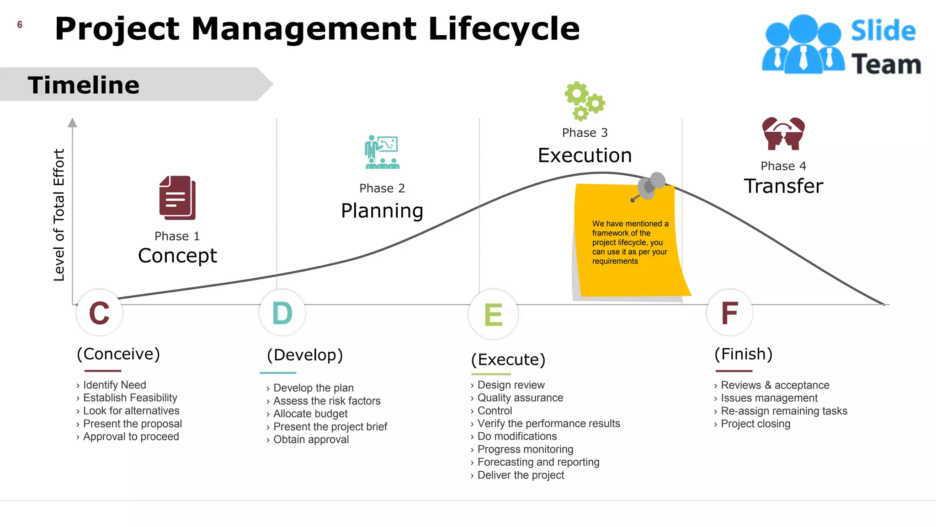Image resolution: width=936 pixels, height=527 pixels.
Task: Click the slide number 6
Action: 20,25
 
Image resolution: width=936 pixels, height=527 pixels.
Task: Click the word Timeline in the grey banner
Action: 84,85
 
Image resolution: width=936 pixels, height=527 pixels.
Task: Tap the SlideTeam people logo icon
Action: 803,44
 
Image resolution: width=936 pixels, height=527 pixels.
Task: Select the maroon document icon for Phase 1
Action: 177,198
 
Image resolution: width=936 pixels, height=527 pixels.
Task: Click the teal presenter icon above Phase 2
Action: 382,152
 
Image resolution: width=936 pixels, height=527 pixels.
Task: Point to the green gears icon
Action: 584,101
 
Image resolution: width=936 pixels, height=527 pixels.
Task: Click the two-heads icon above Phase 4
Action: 783,134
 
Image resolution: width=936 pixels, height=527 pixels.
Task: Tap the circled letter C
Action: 99,313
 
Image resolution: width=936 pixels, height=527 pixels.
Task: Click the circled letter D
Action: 282,313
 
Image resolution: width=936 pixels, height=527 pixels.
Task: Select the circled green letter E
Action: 493,315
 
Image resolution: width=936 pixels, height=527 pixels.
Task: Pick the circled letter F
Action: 729,313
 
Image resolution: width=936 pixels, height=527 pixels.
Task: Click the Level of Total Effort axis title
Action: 59,215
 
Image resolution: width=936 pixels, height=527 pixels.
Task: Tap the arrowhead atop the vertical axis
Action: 72,123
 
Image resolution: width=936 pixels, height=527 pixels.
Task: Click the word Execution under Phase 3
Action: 585,156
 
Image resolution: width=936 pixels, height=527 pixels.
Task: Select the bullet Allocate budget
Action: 310,414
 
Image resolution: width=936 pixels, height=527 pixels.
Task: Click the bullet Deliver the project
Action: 521,475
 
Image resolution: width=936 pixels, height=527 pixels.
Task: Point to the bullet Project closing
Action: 755,424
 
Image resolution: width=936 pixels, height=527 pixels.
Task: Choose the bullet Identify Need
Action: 114,385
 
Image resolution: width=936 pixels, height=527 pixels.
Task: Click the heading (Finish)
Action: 743,354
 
